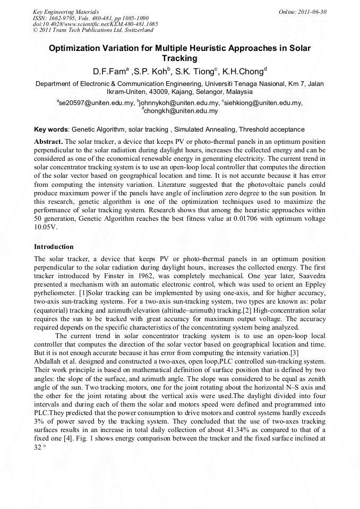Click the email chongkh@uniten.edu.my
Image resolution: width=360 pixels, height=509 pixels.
[181, 111]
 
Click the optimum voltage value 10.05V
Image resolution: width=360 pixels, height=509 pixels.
[45, 227]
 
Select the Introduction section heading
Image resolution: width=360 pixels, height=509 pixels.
[54, 247]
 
